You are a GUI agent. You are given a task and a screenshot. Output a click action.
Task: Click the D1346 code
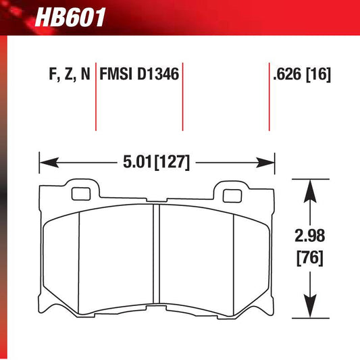158,74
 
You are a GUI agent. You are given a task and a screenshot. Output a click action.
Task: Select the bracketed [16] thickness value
319,74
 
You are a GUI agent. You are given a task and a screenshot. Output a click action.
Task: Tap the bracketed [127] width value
172,163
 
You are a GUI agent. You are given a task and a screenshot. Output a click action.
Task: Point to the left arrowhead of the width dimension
45,162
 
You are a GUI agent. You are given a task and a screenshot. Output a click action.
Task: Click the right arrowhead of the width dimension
269,162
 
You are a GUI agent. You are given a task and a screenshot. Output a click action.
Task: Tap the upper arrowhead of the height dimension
310,186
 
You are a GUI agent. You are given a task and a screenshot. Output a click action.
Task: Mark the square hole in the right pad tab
233,197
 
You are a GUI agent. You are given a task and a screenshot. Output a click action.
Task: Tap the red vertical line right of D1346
183,98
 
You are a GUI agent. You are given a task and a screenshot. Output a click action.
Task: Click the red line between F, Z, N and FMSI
95,98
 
